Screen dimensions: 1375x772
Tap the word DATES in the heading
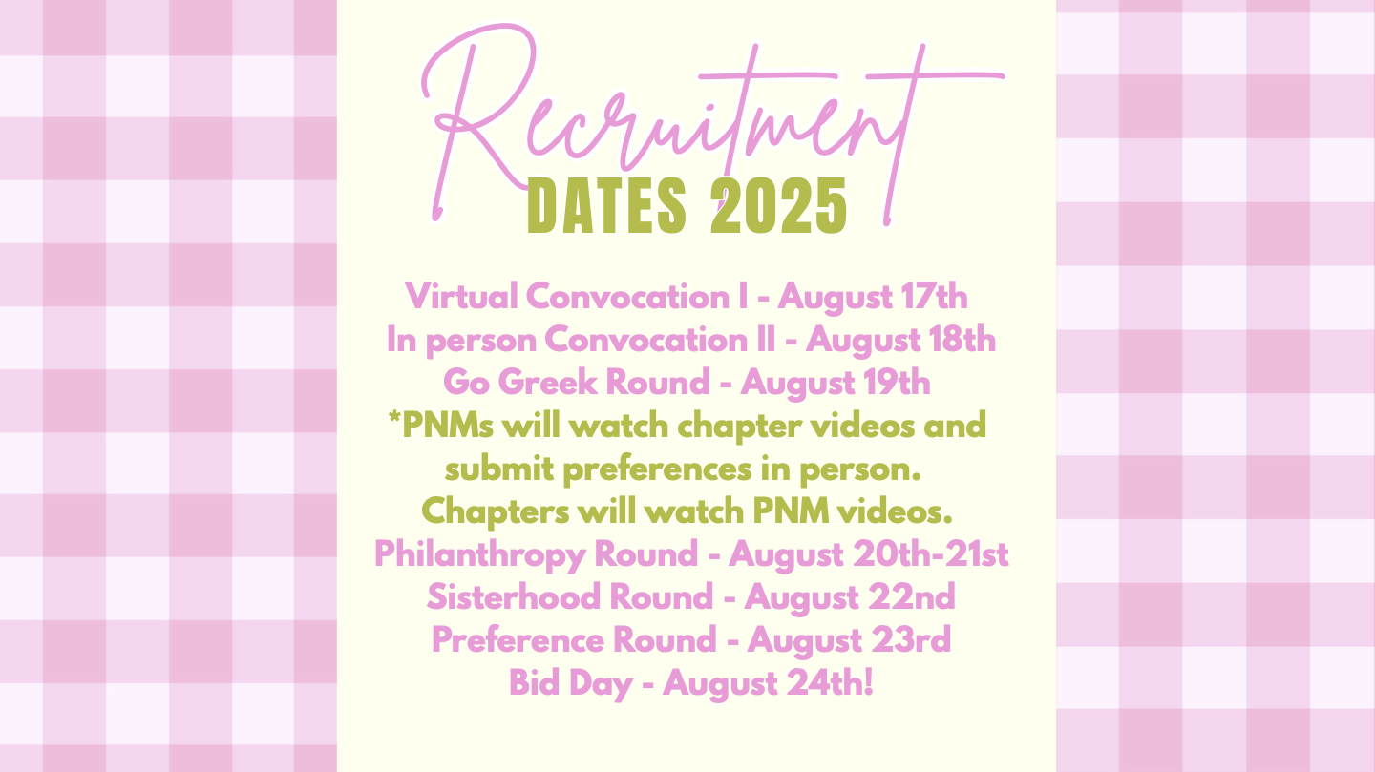[606, 206]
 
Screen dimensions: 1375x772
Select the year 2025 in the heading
[778, 206]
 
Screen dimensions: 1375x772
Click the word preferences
[657, 470]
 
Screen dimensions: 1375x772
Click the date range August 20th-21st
[869, 555]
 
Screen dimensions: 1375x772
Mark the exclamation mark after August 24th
[868, 682]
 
